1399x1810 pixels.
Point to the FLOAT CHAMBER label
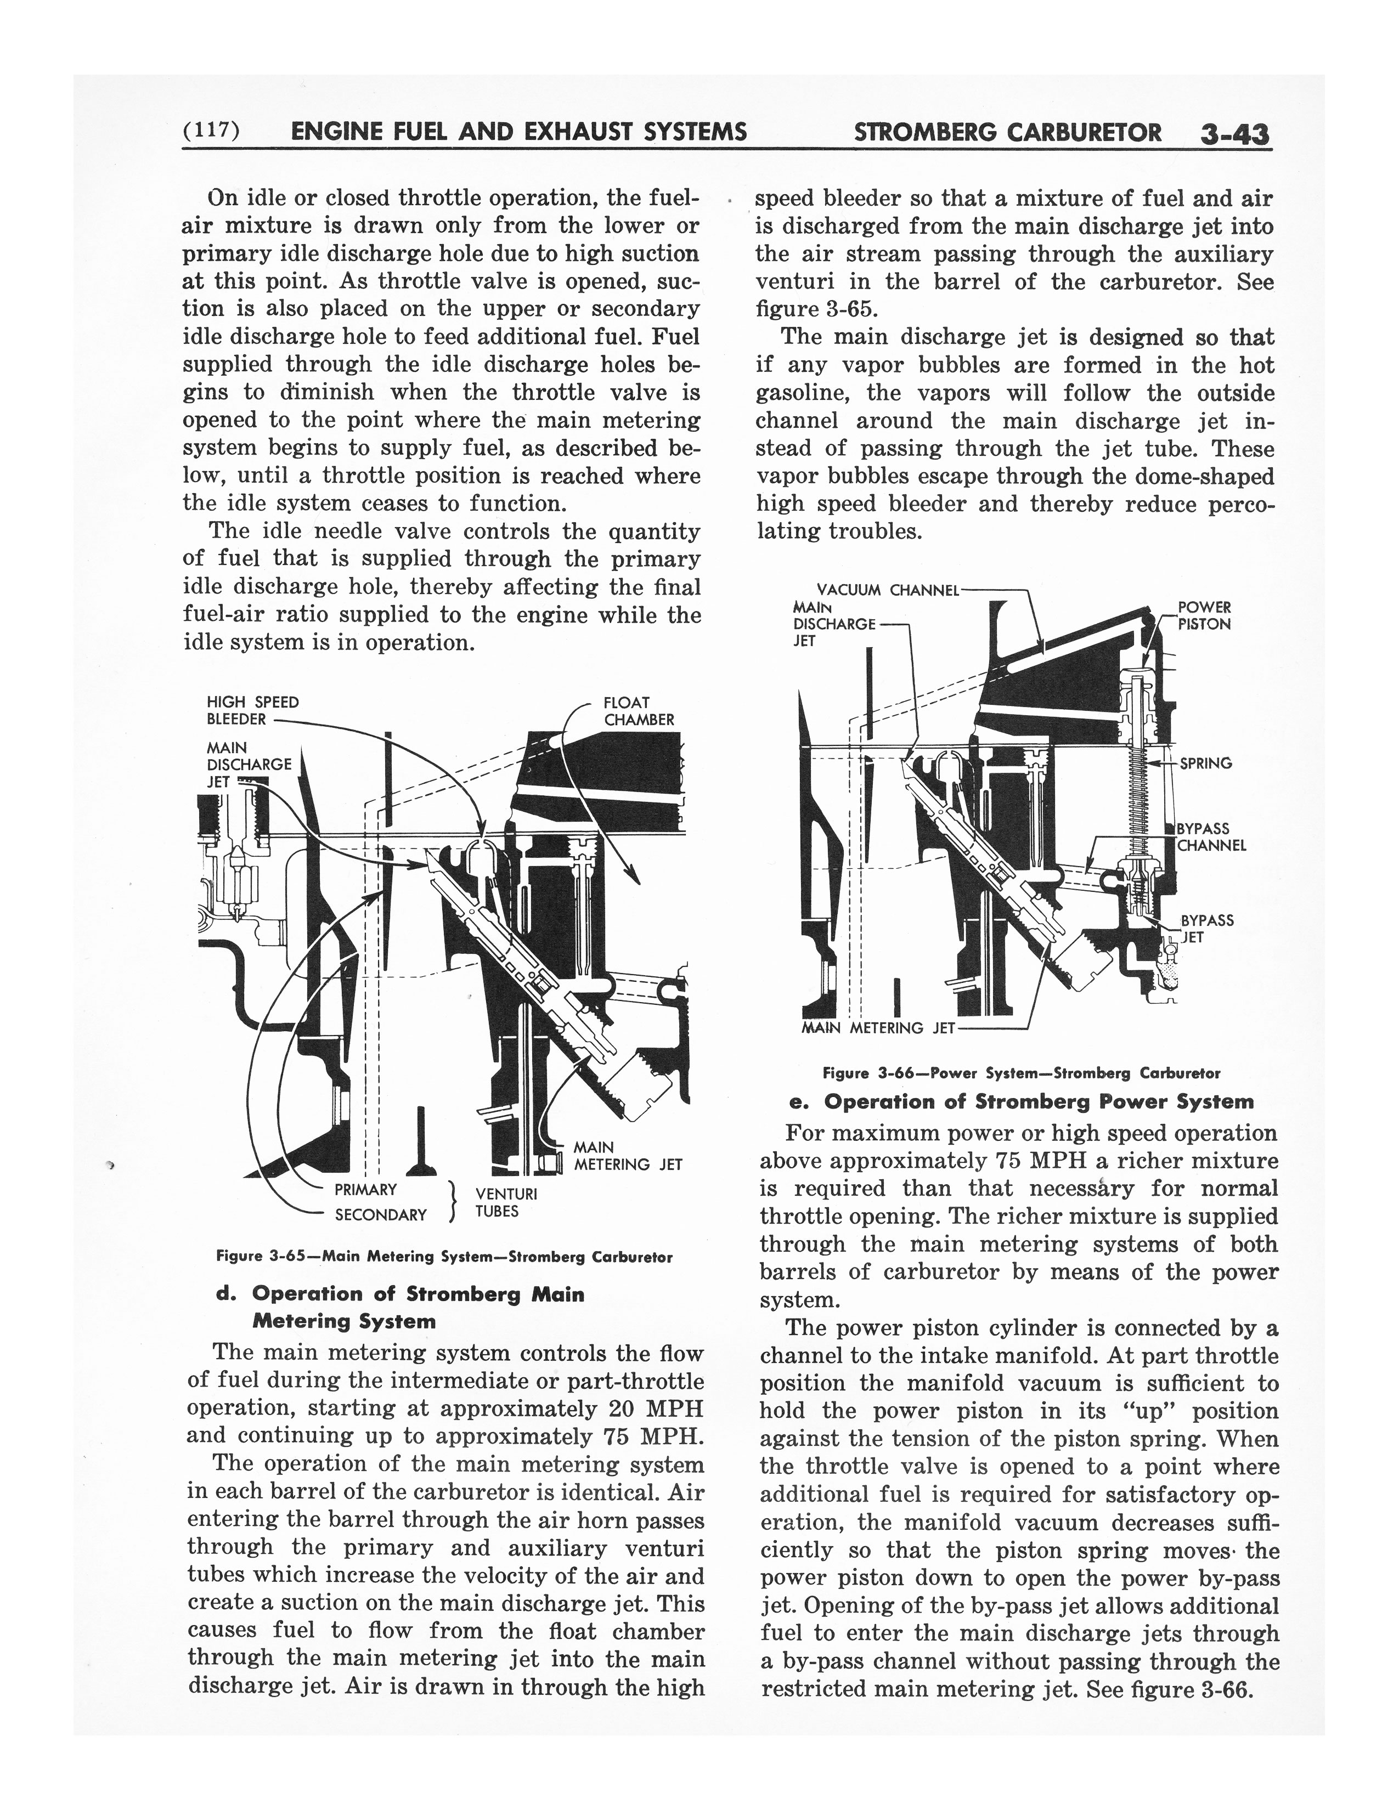638,711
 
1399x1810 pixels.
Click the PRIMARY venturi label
365,1190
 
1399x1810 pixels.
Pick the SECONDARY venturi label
380,1215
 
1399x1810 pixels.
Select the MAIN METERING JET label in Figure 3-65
628,1156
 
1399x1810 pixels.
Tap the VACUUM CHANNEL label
887,591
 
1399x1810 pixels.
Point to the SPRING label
1206,763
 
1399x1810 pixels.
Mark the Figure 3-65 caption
443,1257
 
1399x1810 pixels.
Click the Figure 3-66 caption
1020,1073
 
